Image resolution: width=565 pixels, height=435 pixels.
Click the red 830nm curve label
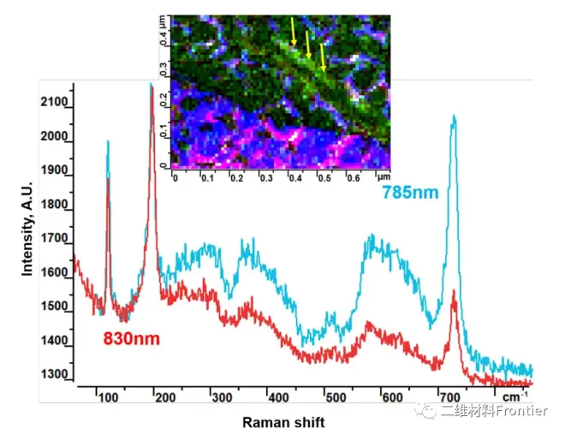click(x=132, y=337)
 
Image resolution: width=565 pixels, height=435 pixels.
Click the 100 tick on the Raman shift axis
click(x=107, y=397)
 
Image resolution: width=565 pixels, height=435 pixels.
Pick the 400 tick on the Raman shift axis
click(x=277, y=397)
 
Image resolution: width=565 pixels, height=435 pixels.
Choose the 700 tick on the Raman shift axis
click(x=447, y=397)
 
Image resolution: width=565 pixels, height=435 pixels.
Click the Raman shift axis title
click(x=283, y=422)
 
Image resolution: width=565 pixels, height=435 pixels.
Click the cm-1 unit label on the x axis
click(x=514, y=396)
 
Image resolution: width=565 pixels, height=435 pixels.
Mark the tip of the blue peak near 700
click(x=454, y=116)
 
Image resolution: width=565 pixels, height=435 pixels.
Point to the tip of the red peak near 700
click(x=454, y=291)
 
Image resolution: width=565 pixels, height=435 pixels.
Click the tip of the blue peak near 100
click(x=108, y=142)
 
